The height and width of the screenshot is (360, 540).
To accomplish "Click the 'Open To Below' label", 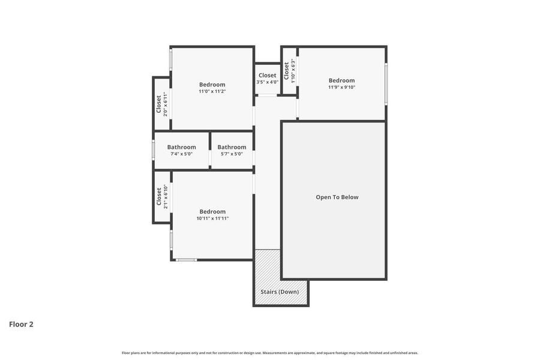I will coord(337,197).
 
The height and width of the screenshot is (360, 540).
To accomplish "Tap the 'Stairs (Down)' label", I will coord(280,292).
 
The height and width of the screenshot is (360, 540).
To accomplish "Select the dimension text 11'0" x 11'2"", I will coord(212,92).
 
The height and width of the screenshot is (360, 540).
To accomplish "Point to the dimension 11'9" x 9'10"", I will coord(341,88).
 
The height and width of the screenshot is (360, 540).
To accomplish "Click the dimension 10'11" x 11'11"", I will coord(212,218).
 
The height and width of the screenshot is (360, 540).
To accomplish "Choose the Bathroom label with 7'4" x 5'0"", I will coord(181,147).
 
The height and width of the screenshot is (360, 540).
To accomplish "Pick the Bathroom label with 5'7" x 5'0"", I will coord(232,147).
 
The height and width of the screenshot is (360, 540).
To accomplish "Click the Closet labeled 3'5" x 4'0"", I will coord(268,76).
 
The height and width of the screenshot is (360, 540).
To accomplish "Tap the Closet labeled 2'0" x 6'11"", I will coord(159,104).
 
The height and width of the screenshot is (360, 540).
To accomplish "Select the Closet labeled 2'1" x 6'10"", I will coord(159,196).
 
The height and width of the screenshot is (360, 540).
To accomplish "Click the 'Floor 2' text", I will coord(21,324).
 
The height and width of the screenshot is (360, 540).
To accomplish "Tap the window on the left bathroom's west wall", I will coord(154,149).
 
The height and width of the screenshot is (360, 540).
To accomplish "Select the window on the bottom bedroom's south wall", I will coord(186,260).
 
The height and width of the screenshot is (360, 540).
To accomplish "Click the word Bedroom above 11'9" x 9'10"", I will coord(341,80).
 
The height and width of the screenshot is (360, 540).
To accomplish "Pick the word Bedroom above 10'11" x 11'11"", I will coord(212,211).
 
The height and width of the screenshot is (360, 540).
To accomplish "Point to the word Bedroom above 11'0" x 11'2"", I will coord(212,85).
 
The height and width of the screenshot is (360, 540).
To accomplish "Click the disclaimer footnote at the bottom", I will coord(270,353).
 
